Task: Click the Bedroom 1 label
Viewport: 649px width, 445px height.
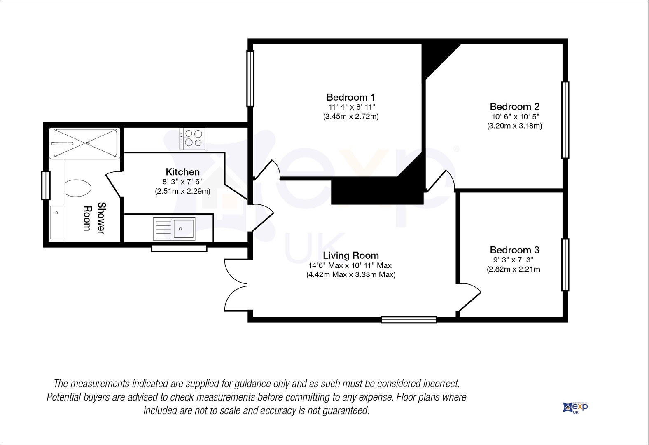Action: (x=350, y=97)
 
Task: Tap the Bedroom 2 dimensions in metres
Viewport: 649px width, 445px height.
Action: (x=514, y=126)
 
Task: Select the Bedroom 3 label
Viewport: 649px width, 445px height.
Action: (x=514, y=250)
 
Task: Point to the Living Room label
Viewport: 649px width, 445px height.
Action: (x=350, y=255)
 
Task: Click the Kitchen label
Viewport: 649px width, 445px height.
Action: (x=182, y=172)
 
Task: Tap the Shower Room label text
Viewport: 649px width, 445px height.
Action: (x=93, y=218)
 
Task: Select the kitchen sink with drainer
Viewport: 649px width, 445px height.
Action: (x=174, y=229)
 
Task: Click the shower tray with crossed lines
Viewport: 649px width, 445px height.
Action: (x=84, y=143)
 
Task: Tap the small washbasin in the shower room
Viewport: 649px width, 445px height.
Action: (x=56, y=222)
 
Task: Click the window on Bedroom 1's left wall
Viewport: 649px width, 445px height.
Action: (x=250, y=79)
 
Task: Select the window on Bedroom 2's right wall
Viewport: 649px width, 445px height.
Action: (x=565, y=120)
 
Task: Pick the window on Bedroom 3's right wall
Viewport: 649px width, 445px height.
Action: (x=565, y=264)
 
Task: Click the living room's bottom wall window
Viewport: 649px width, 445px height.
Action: (x=409, y=319)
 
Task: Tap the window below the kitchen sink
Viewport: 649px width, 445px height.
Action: (x=179, y=248)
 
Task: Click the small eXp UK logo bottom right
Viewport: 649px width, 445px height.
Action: (x=575, y=408)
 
